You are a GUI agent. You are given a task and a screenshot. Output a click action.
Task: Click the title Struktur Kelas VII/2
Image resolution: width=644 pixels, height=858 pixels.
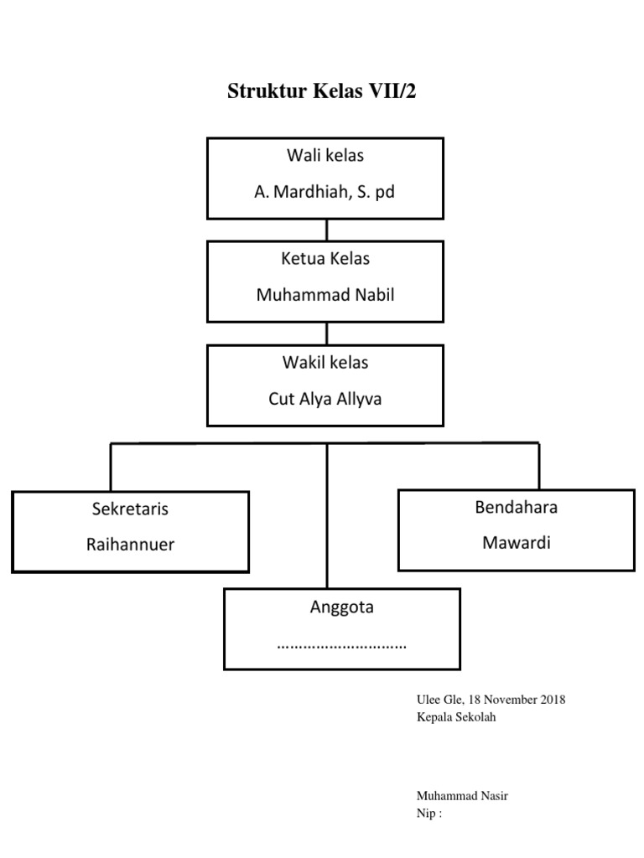(x=321, y=92)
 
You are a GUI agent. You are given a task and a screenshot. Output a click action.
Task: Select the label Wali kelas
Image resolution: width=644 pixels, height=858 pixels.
(x=325, y=156)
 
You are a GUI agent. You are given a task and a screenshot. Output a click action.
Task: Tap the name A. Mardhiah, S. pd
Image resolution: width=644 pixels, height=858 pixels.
(x=325, y=192)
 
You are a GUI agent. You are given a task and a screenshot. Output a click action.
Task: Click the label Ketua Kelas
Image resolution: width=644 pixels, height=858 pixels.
(x=325, y=259)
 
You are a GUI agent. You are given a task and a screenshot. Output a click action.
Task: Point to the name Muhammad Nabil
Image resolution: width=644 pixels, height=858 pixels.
(x=325, y=295)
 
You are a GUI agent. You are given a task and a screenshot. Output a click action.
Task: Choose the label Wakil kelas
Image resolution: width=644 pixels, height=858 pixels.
(x=325, y=363)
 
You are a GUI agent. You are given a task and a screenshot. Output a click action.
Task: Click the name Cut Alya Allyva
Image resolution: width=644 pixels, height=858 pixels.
(x=325, y=399)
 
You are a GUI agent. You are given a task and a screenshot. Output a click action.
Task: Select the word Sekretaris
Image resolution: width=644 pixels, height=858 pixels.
(x=130, y=509)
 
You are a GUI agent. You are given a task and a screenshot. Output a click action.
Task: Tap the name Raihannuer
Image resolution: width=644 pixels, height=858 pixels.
(x=130, y=545)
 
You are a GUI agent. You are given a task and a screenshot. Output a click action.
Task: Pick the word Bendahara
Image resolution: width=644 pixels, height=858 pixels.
(x=516, y=507)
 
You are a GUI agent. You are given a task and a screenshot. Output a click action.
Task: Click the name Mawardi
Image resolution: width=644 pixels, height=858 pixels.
(x=516, y=543)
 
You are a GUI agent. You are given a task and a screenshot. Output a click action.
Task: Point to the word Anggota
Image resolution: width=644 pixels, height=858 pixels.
(x=341, y=607)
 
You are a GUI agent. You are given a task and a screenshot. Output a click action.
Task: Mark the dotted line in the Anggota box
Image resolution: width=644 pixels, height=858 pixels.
(x=341, y=646)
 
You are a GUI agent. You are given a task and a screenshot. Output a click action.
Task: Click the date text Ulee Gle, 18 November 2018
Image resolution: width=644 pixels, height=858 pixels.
(x=491, y=700)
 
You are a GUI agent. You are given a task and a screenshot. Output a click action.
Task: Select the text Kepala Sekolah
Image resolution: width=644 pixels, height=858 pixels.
(x=456, y=717)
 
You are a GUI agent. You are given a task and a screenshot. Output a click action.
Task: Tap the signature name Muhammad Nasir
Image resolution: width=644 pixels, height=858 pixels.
(x=462, y=796)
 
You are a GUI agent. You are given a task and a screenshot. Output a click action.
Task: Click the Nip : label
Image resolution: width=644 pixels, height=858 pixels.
(x=429, y=814)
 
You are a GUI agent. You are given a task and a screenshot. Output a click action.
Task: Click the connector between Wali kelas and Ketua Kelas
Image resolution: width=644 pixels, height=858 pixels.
(x=326, y=230)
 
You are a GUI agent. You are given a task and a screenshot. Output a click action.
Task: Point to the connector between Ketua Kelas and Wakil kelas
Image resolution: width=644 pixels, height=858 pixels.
(x=326, y=333)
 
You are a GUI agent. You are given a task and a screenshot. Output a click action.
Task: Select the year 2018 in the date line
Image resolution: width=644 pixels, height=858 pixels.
(x=552, y=700)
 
